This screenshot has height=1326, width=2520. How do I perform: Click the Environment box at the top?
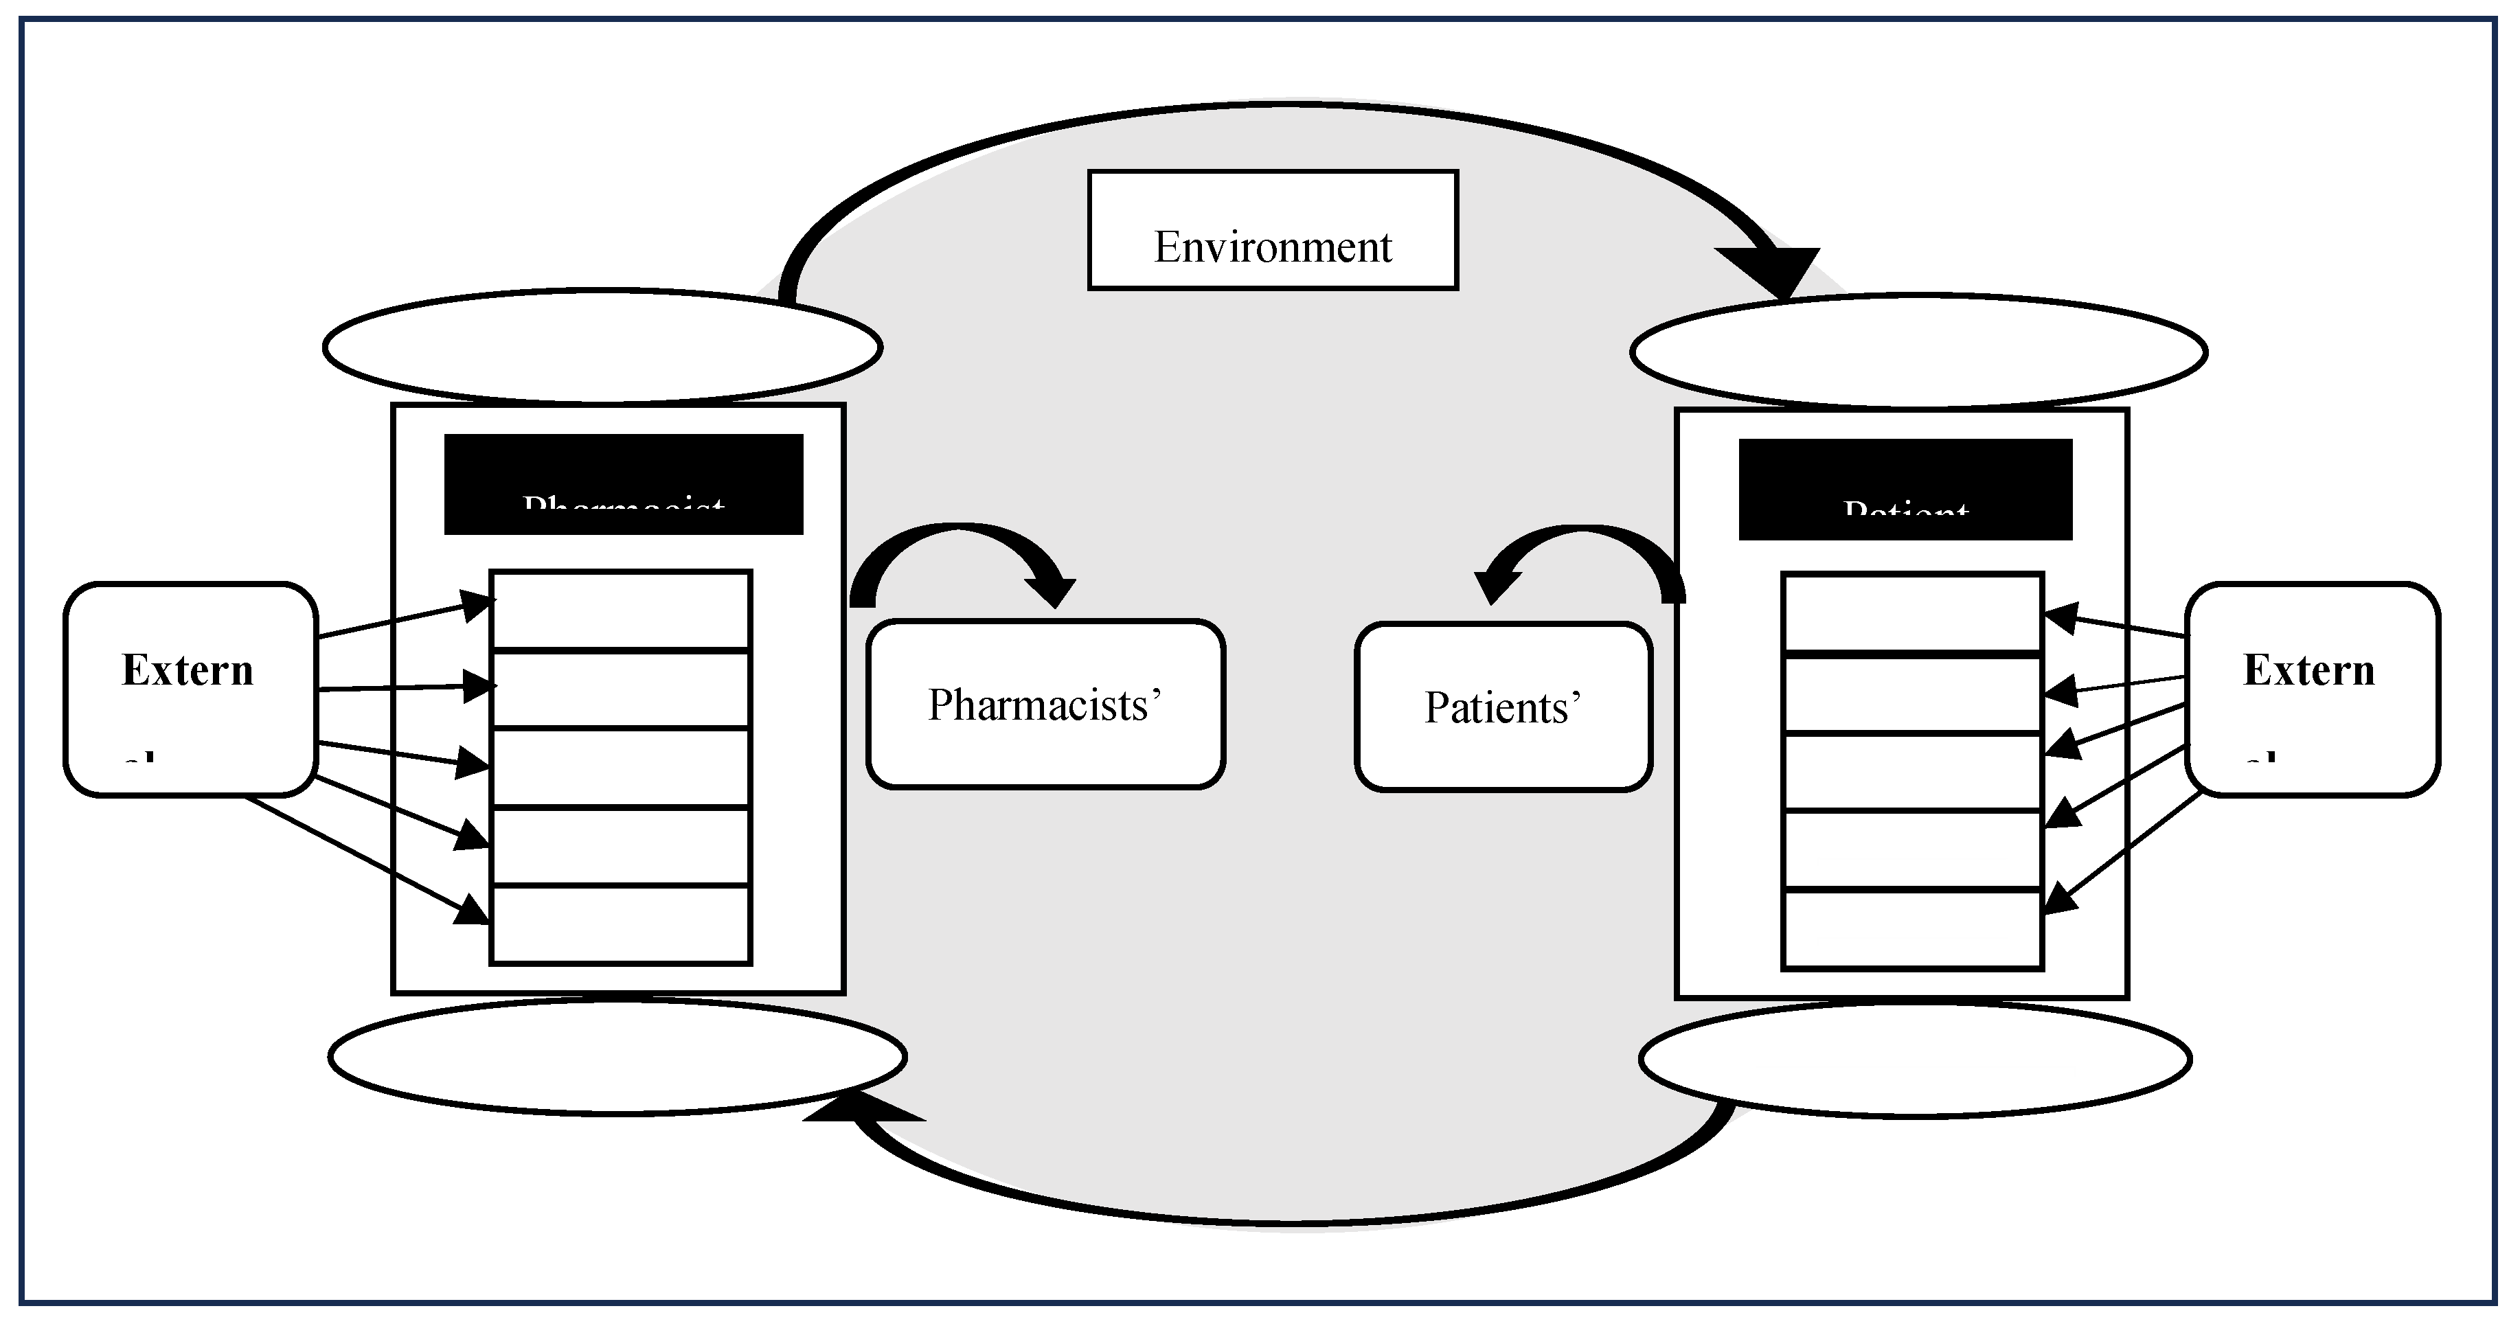(1273, 231)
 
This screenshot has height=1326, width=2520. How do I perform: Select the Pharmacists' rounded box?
(1045, 704)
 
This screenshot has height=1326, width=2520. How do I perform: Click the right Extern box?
(2313, 689)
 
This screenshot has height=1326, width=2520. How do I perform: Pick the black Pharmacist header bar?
(623, 484)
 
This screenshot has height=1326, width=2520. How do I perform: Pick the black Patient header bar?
(1905, 489)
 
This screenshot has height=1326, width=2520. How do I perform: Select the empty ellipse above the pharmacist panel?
(602, 346)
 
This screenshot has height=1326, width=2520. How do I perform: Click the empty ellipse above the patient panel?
(1918, 351)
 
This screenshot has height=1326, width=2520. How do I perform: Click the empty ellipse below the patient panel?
(1914, 1060)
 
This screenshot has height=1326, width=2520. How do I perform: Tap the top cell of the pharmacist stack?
(620, 609)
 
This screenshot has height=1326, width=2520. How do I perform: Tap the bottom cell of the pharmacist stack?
(620, 925)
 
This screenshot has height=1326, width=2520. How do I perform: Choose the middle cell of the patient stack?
(1913, 772)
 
